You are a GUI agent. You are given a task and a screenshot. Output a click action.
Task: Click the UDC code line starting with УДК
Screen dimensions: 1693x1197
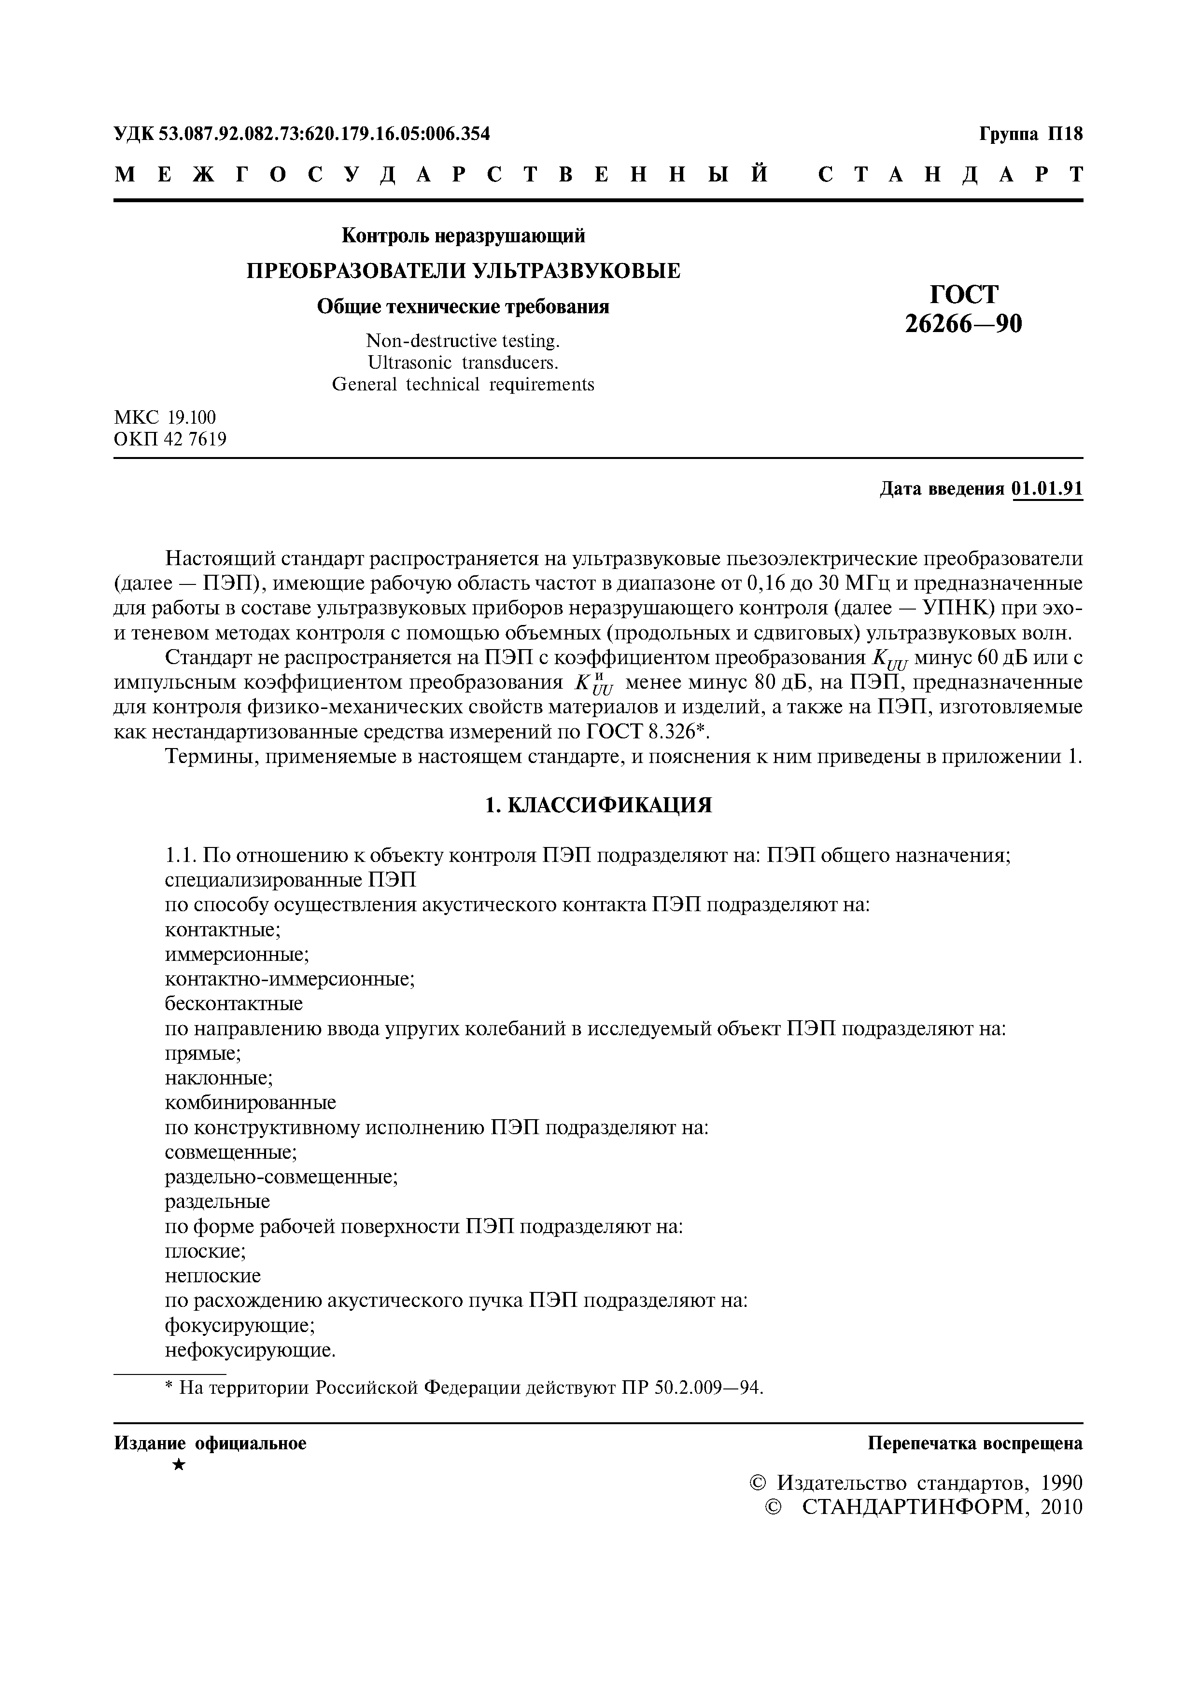click(x=302, y=134)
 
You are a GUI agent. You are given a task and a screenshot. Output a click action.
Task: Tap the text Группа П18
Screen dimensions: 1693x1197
click(x=1031, y=134)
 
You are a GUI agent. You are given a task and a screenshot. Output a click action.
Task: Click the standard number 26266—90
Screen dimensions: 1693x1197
click(x=963, y=324)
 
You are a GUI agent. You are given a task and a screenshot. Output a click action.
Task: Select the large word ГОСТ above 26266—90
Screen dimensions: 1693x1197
click(x=963, y=294)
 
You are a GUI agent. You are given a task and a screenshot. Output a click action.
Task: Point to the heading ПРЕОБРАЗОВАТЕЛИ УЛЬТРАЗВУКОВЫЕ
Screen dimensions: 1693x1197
click(x=463, y=271)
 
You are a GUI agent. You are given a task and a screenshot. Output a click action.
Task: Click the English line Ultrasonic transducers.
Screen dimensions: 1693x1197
click(x=463, y=363)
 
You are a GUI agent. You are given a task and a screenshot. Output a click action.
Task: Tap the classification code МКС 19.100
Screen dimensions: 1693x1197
click(x=165, y=418)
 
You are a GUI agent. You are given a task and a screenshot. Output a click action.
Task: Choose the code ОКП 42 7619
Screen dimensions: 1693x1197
click(x=170, y=440)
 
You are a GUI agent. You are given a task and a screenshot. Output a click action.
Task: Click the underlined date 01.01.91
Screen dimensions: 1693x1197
click(x=1048, y=489)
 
